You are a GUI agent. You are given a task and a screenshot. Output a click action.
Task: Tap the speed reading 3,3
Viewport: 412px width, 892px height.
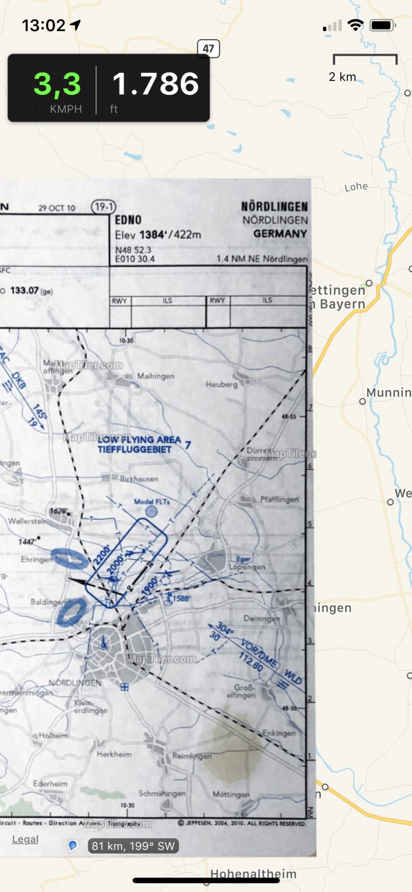pos(57,84)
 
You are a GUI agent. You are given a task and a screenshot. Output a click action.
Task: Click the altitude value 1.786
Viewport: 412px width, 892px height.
pos(156,84)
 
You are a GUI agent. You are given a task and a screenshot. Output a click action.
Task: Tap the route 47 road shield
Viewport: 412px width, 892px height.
pos(209,49)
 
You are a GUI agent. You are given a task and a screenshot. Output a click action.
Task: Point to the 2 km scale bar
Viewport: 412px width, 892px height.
pos(365,58)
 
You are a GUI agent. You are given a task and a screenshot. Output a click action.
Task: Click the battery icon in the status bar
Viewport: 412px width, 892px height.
pos(382,25)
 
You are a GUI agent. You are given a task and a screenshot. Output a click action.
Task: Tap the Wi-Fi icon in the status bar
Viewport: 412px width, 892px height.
pos(355,25)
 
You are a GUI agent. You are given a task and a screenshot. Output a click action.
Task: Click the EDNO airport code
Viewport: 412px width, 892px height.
pos(128,220)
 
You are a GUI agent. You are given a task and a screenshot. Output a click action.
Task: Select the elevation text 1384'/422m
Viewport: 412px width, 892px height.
pos(170,234)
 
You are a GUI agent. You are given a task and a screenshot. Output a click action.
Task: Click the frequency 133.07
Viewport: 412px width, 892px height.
pos(25,290)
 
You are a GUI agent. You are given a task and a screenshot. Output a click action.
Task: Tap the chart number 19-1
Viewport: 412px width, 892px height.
pos(104,207)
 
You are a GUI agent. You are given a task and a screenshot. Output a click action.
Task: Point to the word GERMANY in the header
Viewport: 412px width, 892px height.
pos(280,234)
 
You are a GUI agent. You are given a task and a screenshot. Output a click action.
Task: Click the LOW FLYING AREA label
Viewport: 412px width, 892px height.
pos(139,440)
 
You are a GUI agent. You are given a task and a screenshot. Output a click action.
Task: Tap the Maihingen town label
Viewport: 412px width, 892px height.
pos(156,377)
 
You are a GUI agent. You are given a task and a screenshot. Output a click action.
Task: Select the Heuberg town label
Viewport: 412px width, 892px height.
pos(222,385)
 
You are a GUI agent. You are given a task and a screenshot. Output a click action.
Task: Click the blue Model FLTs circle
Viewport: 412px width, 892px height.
pos(152,511)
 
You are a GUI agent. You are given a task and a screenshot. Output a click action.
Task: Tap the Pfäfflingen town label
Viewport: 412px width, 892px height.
pos(279,499)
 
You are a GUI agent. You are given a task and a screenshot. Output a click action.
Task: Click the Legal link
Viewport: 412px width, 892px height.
pos(25,839)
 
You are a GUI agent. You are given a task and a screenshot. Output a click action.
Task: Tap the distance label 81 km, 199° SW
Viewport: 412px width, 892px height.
pos(133,846)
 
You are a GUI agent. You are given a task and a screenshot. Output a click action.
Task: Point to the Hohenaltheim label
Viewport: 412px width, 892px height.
pos(253,874)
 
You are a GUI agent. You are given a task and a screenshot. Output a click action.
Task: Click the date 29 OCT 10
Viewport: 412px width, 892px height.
pos(57,208)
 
